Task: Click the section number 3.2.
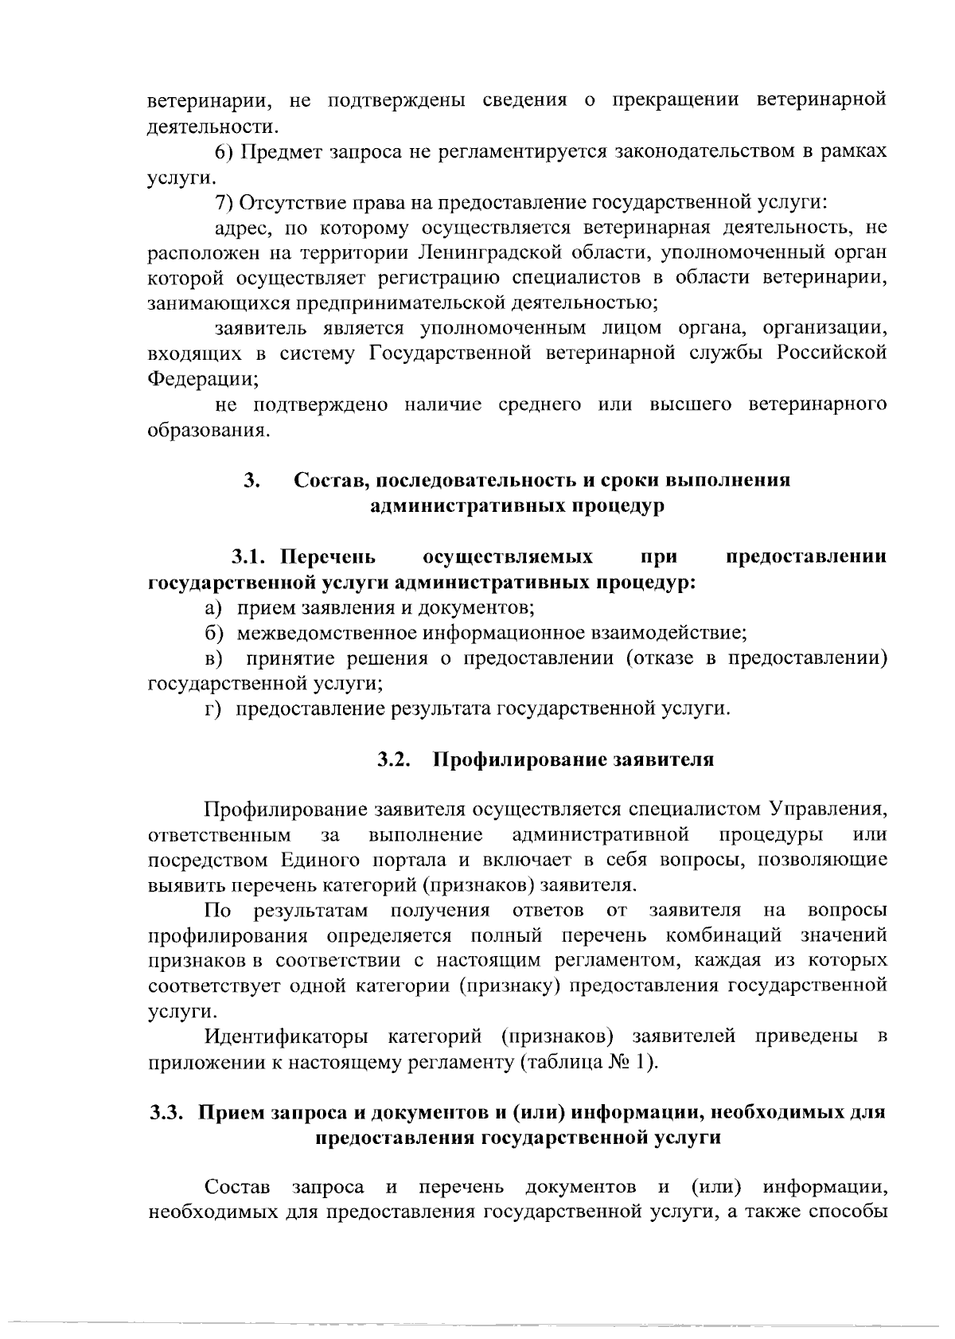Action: (x=393, y=759)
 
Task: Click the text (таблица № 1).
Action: (x=590, y=1063)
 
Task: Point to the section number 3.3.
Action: (x=168, y=1112)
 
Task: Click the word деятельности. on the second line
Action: (x=214, y=126)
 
